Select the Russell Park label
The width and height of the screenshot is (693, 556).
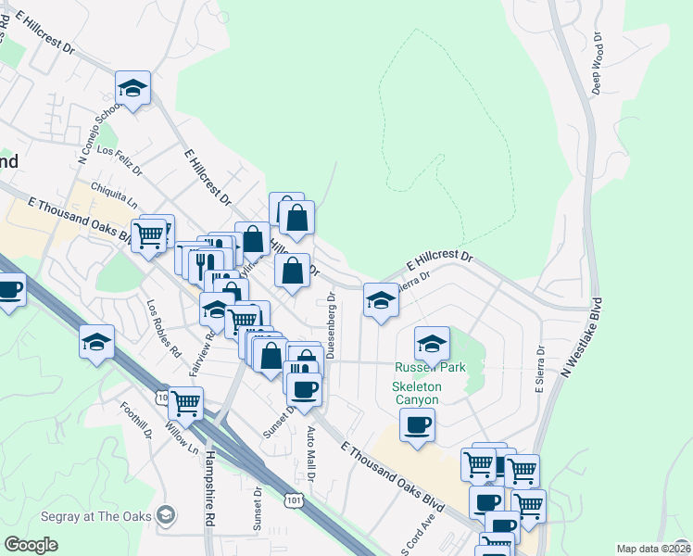click(430, 367)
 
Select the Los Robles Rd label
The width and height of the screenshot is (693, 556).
click(163, 328)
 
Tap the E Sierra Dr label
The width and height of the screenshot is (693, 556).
click(539, 369)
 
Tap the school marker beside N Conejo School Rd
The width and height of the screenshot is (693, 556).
click(132, 89)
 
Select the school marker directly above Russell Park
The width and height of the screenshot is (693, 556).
click(432, 344)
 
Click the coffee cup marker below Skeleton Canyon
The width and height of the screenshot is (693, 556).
click(417, 425)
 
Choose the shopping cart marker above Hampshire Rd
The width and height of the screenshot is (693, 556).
click(186, 403)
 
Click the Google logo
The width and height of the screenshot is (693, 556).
click(31, 545)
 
